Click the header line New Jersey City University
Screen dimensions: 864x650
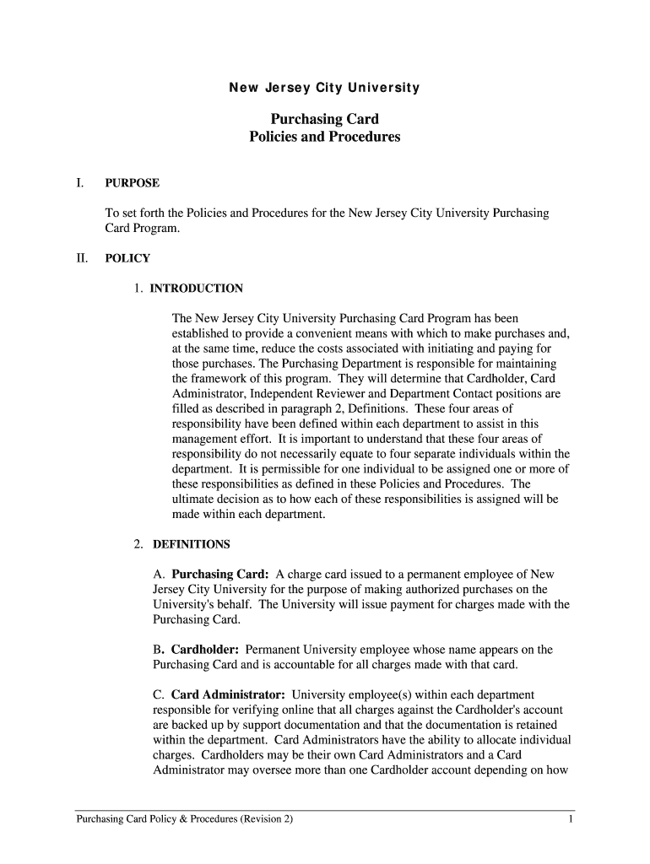coord(324,88)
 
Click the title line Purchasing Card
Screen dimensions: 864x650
coord(324,119)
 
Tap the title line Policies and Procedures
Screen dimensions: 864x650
coord(324,137)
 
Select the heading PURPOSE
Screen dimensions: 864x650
coord(132,183)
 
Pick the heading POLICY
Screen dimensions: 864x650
coord(127,259)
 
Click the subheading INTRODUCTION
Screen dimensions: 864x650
coord(197,289)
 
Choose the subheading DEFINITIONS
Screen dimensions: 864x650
coord(192,544)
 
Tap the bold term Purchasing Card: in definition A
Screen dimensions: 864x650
coord(220,574)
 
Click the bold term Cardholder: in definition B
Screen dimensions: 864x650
coord(206,650)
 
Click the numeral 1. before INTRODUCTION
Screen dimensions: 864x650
coord(138,289)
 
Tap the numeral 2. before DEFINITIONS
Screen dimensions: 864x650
coord(138,544)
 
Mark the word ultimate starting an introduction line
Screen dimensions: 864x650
coord(193,499)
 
